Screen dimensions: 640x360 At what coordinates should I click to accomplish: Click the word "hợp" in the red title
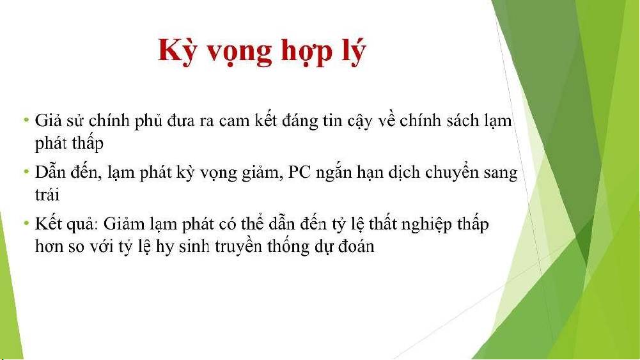pos(306,52)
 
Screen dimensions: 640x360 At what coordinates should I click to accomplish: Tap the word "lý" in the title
pos(354,51)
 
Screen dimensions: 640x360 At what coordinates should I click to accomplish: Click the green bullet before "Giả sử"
pos(26,120)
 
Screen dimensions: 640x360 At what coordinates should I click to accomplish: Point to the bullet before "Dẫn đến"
pos(26,172)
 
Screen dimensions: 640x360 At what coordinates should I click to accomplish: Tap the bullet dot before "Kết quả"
pos(26,223)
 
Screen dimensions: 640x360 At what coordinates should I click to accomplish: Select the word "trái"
pos(47,194)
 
